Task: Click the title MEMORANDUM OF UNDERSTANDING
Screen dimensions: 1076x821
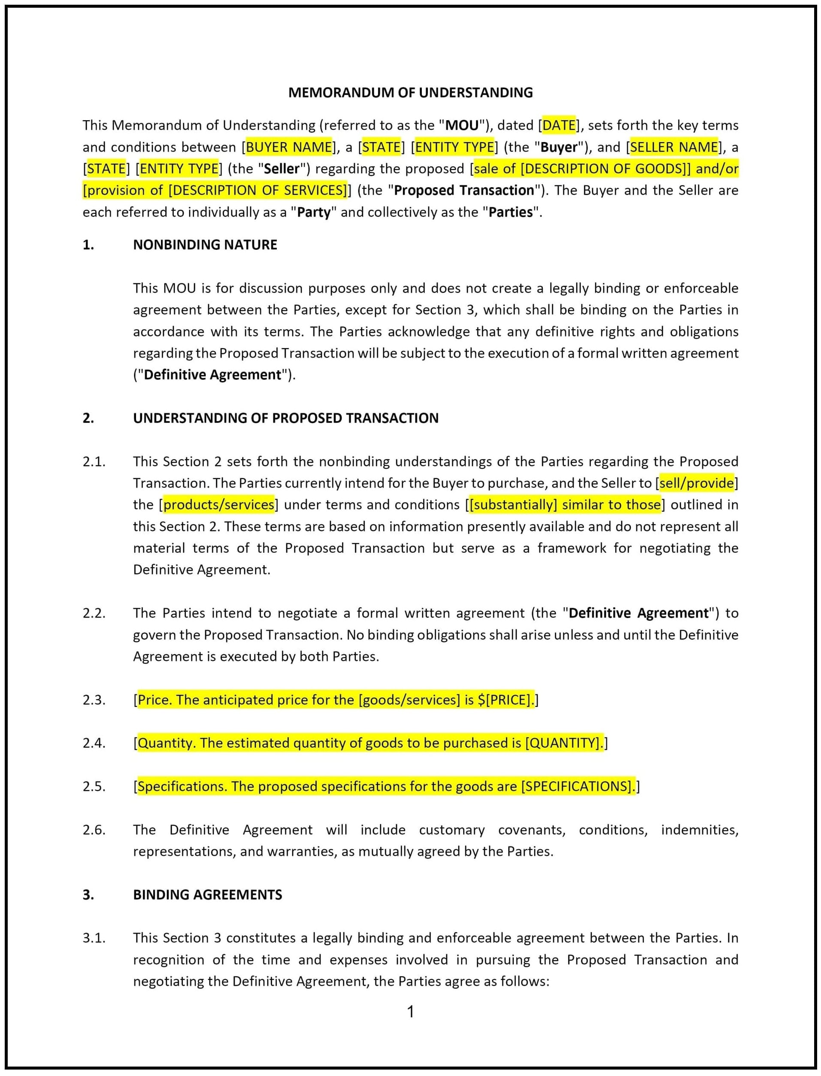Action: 410,92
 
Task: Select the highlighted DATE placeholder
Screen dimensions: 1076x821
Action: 559,126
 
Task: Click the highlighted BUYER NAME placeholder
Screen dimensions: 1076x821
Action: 289,147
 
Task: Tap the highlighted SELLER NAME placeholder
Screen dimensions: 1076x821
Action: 674,147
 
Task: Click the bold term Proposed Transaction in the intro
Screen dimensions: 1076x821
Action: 464,191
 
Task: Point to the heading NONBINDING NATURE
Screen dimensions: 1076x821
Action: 205,245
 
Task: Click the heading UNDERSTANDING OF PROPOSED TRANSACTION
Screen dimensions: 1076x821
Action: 285,418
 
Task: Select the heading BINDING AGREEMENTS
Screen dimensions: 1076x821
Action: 207,895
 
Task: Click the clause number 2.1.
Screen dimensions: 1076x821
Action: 94,462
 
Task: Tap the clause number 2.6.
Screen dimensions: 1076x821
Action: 94,830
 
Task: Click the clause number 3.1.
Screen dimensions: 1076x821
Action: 94,938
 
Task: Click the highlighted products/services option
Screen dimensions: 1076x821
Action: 218,505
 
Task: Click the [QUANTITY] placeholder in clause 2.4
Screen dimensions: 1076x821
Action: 563,743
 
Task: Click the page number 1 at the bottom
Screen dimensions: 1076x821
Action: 410,1012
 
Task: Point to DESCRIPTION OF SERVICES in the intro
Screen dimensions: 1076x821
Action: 258,191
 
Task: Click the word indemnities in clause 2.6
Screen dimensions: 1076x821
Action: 699,830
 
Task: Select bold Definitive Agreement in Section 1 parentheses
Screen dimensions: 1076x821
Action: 212,375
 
